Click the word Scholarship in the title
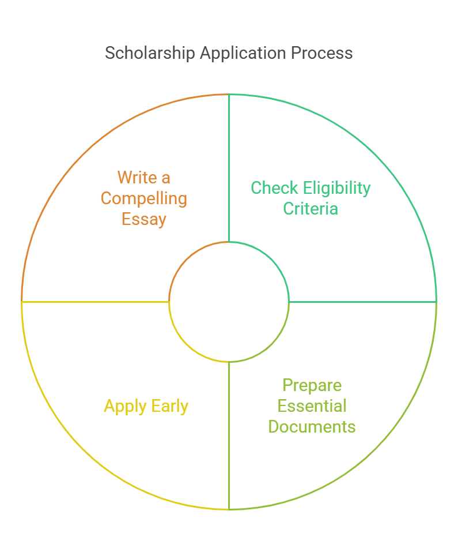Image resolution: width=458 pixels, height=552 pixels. [150, 54]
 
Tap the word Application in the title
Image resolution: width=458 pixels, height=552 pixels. [243, 54]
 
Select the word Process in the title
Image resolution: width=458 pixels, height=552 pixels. [321, 54]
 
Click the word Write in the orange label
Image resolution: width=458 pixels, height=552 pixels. [137, 178]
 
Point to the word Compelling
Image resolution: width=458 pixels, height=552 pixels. [144, 199]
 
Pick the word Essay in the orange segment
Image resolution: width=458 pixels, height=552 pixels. [144, 220]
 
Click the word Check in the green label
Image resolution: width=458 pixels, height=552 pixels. [274, 187]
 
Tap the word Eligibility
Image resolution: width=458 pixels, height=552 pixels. [337, 189]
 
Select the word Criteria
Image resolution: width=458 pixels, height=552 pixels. [311, 209]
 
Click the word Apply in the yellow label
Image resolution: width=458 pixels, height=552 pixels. [125, 407]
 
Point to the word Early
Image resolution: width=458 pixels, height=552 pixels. [170, 407]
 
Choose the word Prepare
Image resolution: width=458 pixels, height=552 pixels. [312, 386]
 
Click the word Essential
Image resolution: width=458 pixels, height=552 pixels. [312, 406]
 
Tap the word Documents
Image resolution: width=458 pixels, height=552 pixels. [312, 427]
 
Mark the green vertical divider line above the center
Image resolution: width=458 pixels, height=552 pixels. [229, 168]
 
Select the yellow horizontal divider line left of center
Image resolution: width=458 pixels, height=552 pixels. [96, 302]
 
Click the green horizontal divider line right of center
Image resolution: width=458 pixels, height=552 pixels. [362, 302]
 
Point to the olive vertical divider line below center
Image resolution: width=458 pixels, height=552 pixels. [229, 435]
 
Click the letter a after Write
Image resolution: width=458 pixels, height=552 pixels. [166, 179]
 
